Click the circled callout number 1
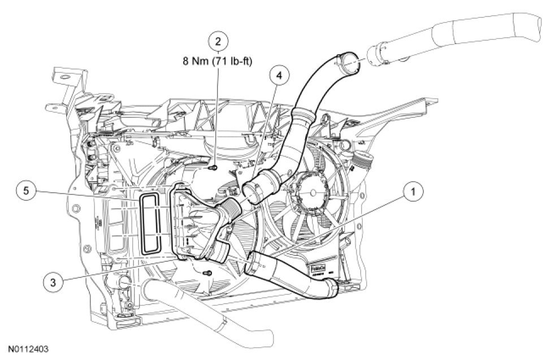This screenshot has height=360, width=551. click(x=414, y=192)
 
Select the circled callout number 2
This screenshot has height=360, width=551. click(x=218, y=41)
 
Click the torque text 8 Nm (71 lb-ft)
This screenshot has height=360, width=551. click(x=218, y=62)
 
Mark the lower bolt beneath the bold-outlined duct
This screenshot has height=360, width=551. click(x=209, y=275)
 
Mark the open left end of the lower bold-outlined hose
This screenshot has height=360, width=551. click(x=253, y=262)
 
